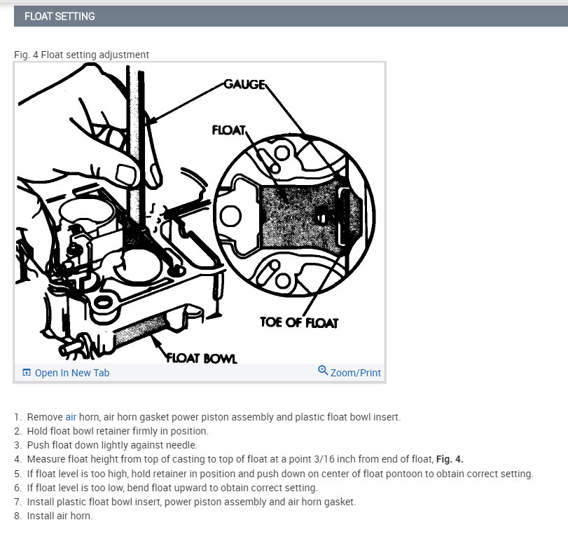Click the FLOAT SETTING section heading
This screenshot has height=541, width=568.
tap(60, 16)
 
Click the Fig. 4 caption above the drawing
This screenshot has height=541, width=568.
tap(81, 55)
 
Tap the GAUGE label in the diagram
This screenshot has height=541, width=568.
tap(244, 84)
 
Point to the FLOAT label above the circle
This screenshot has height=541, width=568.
tap(228, 130)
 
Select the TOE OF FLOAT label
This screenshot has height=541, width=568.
tap(299, 322)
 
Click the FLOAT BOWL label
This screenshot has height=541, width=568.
tap(202, 359)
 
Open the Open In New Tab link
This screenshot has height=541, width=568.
tap(71, 373)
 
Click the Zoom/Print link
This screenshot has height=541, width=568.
tap(355, 373)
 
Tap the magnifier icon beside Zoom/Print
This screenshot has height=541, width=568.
tap(323, 371)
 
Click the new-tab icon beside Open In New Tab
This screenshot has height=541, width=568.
tap(27, 373)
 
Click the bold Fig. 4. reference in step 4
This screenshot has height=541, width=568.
tap(448, 460)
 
